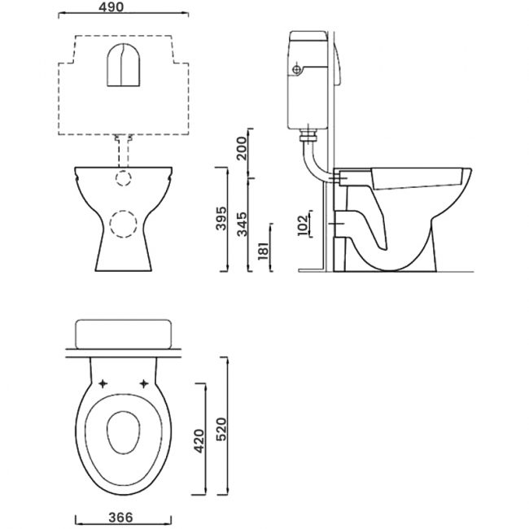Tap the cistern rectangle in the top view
pyautogui.click(x=124, y=333)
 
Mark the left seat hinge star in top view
pyautogui.click(x=103, y=383)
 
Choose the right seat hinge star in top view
pyautogui.click(x=145, y=383)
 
